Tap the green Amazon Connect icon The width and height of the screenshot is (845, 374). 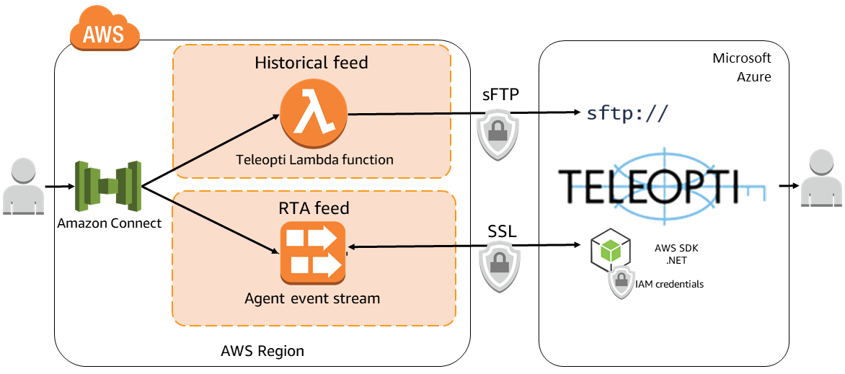coord(108,187)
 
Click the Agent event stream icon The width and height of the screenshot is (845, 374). coord(312,253)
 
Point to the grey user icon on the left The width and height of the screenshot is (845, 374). coord(22,187)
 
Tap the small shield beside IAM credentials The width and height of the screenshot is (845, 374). coord(621,283)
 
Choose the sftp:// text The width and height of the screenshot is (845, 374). coord(627,112)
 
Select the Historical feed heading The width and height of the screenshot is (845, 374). coord(311,63)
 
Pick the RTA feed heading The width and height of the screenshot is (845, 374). coord(314,208)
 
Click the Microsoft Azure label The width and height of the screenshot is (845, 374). coord(742,67)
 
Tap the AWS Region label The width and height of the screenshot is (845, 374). coord(262,352)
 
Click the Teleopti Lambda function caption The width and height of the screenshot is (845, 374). coord(314,159)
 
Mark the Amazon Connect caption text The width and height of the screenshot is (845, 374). coord(110,223)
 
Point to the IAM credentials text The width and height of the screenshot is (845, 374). coord(669,284)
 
